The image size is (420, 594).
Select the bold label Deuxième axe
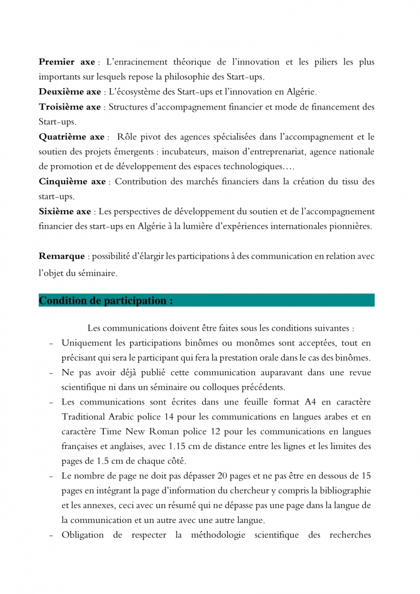click(x=70, y=92)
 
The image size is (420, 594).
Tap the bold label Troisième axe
click(x=70, y=107)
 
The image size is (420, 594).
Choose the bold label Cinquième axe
click(x=72, y=181)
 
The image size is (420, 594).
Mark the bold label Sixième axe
click(x=65, y=211)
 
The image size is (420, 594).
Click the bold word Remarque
click(x=62, y=256)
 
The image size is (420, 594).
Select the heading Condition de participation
click(x=106, y=301)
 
